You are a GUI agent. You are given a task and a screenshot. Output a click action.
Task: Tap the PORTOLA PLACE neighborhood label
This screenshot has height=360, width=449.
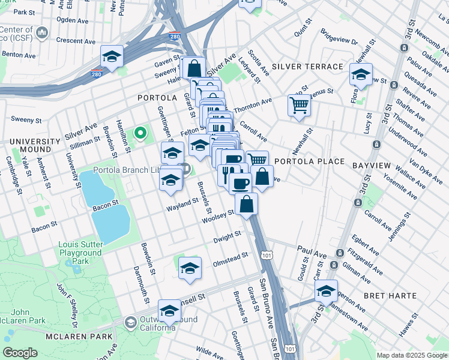[309, 161]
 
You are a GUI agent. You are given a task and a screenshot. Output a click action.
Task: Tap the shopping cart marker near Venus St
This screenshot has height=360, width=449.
[299, 106]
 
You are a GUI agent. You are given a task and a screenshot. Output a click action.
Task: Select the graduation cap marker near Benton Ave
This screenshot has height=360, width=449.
[112, 56]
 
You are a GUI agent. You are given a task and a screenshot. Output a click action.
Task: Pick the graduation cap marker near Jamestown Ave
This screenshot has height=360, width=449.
[326, 292]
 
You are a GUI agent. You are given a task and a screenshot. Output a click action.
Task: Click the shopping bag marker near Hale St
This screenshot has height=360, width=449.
[194, 68]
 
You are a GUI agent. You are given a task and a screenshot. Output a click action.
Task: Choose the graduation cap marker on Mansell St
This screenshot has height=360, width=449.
[169, 311]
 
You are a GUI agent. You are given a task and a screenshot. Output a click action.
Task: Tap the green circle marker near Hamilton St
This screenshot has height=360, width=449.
[140, 133]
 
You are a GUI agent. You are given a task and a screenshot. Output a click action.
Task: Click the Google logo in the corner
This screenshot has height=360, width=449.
[19, 353]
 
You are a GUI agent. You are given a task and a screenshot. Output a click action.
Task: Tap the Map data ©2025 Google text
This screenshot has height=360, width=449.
[411, 355]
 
